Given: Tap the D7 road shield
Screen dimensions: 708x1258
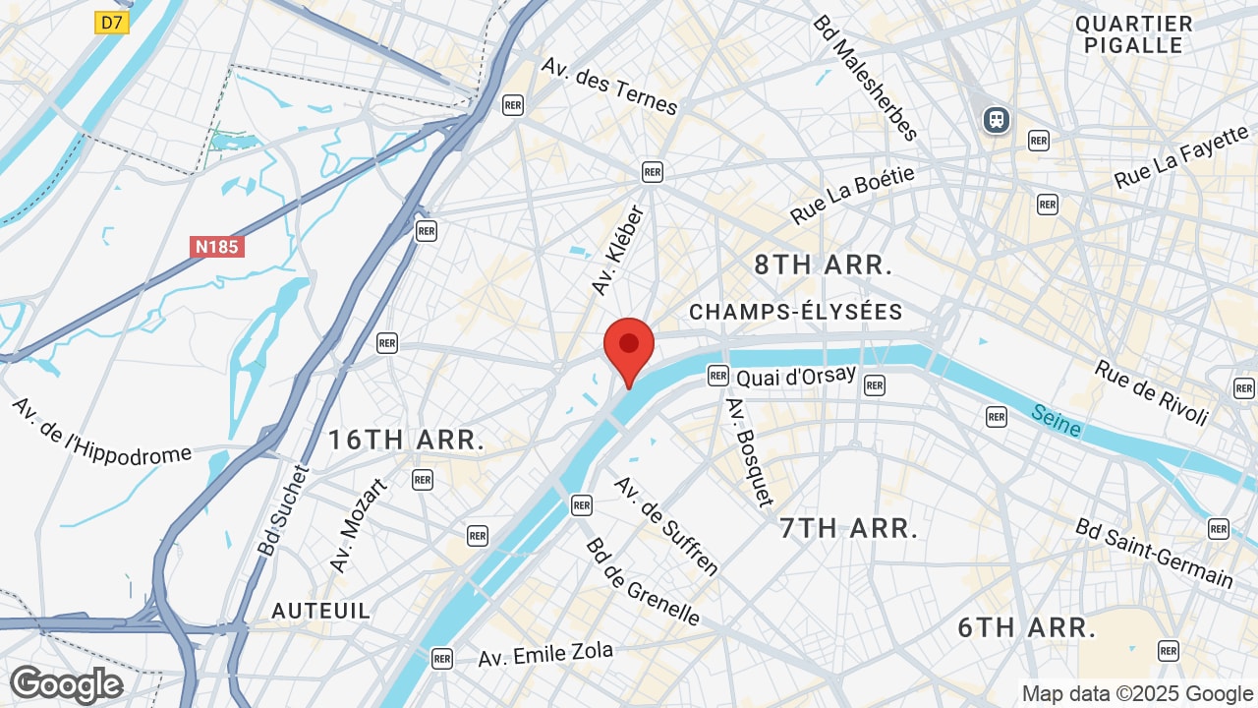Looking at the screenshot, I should pos(112,23).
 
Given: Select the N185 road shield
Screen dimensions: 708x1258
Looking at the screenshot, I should pos(216,246).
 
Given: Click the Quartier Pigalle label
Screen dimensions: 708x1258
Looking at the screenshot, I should pos(1133,34).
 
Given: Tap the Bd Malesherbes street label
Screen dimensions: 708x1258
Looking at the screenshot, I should pos(865,78).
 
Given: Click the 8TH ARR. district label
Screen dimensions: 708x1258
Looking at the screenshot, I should pos(823,265).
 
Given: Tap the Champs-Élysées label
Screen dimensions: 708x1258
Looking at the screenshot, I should pos(795,313).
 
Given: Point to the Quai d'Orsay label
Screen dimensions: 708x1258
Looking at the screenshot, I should pos(796,378).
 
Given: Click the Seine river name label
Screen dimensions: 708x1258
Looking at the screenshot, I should pos(1057,421).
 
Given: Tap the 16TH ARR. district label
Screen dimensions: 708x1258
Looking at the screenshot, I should pos(406,440).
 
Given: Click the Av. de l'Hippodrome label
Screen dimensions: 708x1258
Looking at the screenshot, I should pos(102,431).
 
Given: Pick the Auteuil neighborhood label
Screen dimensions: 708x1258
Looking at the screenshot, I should pos(321,611).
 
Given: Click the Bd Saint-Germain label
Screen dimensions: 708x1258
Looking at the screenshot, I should pos(1154,553).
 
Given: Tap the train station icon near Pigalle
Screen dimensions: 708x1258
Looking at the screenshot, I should pos(997,120).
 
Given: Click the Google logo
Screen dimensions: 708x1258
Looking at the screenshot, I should pos(66,684).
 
